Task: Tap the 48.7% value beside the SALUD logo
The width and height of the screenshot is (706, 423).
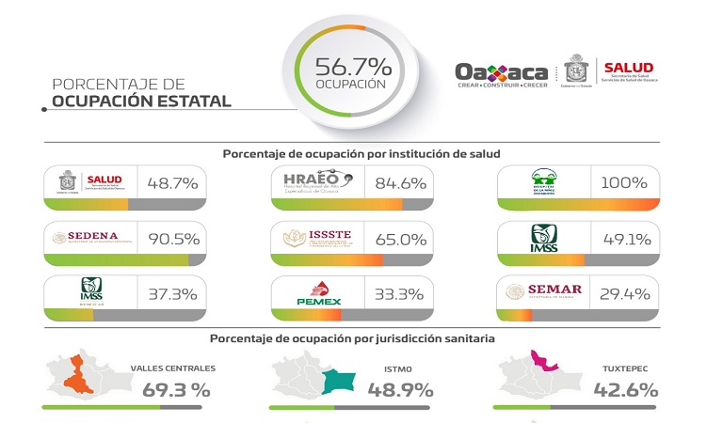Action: [170, 182]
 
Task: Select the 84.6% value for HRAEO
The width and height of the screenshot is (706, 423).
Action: [399, 182]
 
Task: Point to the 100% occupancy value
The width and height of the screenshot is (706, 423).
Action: [625, 182]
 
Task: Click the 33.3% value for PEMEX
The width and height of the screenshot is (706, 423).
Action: [399, 293]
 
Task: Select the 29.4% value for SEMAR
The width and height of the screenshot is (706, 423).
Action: [625, 293]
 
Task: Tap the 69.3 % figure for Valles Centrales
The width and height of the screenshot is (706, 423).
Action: [176, 388]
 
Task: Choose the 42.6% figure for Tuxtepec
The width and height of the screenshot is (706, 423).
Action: [623, 388]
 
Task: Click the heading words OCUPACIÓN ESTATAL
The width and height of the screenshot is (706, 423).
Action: [141, 101]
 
